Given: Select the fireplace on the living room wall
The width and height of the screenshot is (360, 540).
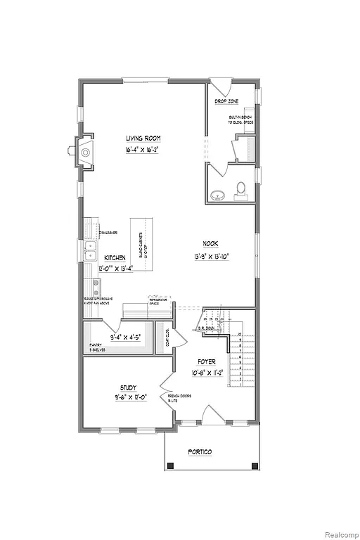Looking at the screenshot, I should click(x=84, y=150).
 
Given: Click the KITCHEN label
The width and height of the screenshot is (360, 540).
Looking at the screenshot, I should click(x=115, y=258).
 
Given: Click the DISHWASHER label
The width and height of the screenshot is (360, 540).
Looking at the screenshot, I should click(x=108, y=232).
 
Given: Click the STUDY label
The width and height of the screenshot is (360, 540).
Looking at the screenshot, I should click(x=128, y=387).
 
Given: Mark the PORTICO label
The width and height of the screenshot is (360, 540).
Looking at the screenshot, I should click(x=201, y=451).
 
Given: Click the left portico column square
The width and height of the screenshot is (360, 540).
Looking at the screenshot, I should click(x=169, y=465).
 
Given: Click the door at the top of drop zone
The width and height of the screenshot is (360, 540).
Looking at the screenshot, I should click(x=221, y=90).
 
